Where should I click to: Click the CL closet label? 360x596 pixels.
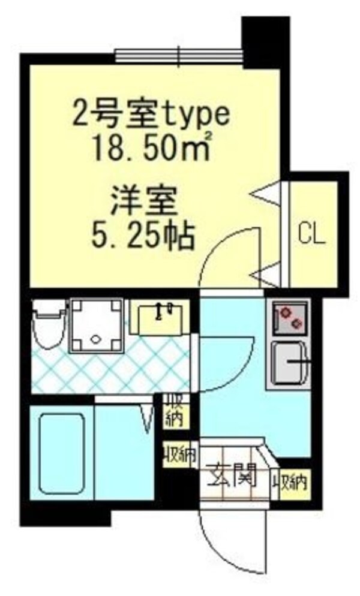[311, 234]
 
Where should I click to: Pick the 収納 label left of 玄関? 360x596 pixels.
[179, 456]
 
